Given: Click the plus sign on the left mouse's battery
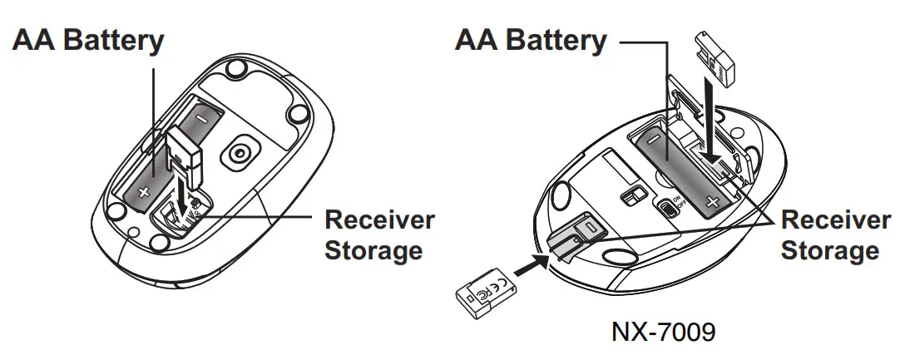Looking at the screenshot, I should [x=143, y=192].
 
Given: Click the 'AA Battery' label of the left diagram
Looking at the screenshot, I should [x=88, y=41].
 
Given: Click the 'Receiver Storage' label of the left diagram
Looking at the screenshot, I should [x=379, y=234].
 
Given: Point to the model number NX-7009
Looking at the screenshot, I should [x=662, y=333].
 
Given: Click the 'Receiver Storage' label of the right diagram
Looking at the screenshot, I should [x=836, y=234].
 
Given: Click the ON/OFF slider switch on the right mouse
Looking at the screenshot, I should [x=666, y=205].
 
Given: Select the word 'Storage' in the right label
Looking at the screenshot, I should [x=829, y=249].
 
